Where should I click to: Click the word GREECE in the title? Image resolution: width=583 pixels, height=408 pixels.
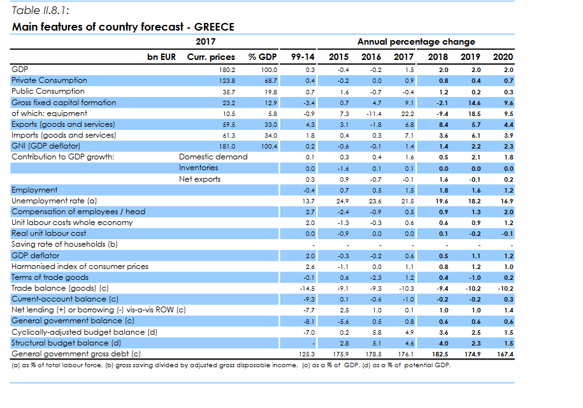pyautogui.click(x=214, y=27)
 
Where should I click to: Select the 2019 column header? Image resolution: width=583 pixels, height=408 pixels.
pyautogui.click(x=470, y=57)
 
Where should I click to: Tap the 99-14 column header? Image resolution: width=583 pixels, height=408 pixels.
pyautogui.click(x=303, y=57)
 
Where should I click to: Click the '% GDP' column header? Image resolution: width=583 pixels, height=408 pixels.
pyautogui.click(x=263, y=57)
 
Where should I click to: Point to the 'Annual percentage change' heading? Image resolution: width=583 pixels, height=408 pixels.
pyautogui.click(x=417, y=41)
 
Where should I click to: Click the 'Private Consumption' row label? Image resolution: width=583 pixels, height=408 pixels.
pyautogui.click(x=49, y=80)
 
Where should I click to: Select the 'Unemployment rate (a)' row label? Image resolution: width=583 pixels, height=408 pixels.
pyautogui.click(x=54, y=201)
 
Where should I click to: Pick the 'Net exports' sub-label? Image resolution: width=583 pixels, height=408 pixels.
pyautogui.click(x=199, y=179)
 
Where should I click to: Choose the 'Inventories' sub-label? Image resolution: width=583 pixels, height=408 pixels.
pyautogui.click(x=199, y=168)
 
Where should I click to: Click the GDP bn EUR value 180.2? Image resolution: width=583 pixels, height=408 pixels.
pyautogui.click(x=227, y=70)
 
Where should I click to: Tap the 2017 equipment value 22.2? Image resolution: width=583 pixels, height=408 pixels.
pyautogui.click(x=408, y=114)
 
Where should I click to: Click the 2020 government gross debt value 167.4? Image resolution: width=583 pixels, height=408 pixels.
pyautogui.click(x=505, y=354)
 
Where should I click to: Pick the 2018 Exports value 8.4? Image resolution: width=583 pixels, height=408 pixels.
pyautogui.click(x=443, y=125)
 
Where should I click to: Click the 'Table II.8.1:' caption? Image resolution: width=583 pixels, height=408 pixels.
pyautogui.click(x=40, y=10)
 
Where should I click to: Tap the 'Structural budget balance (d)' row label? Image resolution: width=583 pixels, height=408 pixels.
pyautogui.click(x=66, y=343)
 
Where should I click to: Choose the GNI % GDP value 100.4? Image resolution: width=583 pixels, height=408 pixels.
pyautogui.click(x=269, y=147)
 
